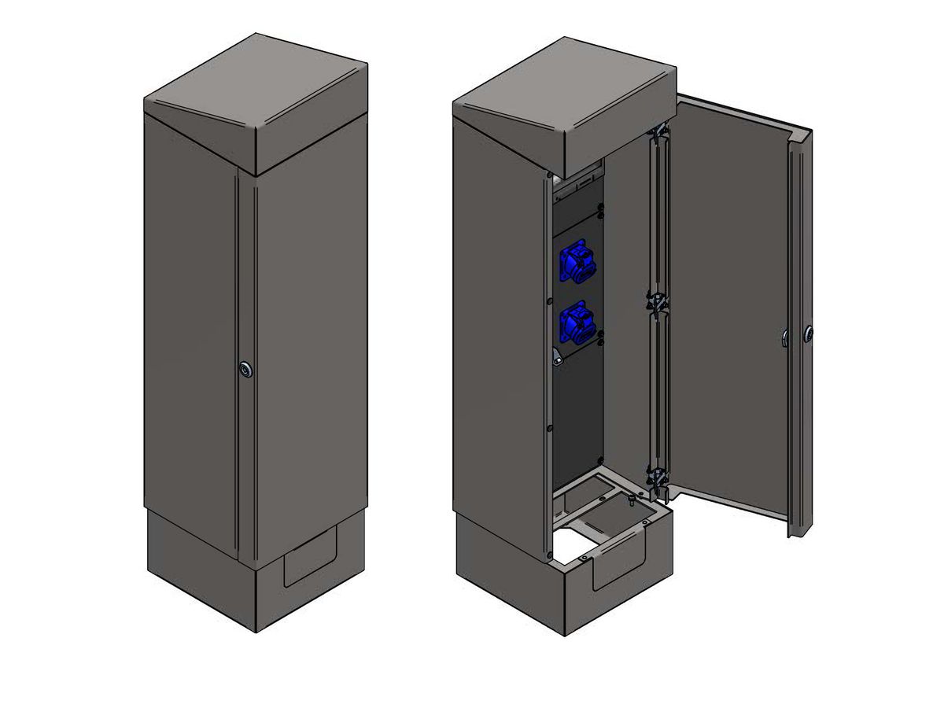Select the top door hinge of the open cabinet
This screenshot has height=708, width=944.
pos(658,131)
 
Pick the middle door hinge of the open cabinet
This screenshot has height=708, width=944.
pos(655,302)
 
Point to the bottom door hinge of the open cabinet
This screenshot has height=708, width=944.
pos(656,478)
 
